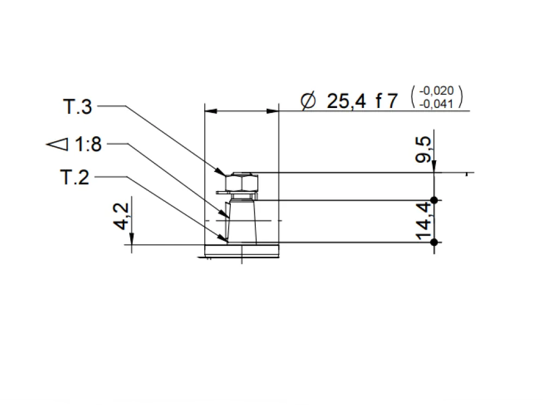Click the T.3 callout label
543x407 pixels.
click(x=78, y=106)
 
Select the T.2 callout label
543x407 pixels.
click(x=75, y=177)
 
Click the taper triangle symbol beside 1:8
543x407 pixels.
click(x=58, y=144)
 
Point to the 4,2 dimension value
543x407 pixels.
click(x=121, y=217)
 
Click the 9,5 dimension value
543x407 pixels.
click(x=423, y=150)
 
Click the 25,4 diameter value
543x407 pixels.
click(x=346, y=101)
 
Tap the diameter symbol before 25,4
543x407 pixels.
click(x=308, y=101)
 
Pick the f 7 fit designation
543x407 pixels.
click(x=387, y=101)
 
